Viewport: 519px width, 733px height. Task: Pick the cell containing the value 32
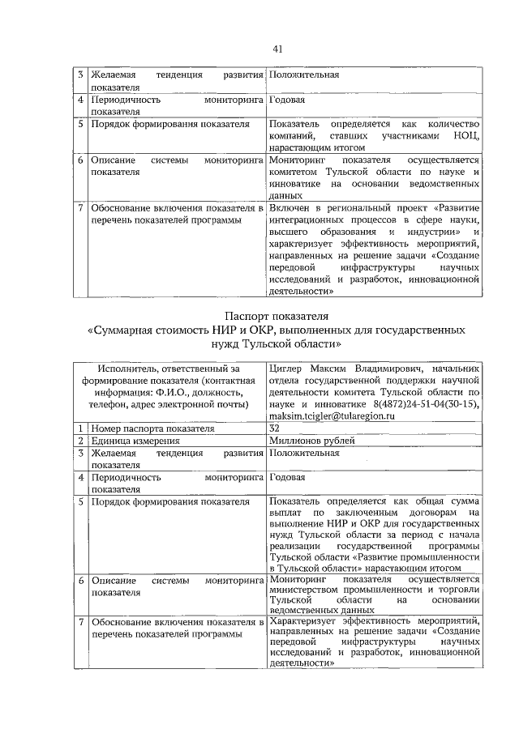274,428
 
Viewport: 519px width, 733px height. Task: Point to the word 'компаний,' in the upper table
293,135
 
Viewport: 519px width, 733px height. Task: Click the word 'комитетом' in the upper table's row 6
294,173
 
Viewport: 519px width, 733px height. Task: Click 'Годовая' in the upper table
288,100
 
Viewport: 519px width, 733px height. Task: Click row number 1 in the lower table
81,428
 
